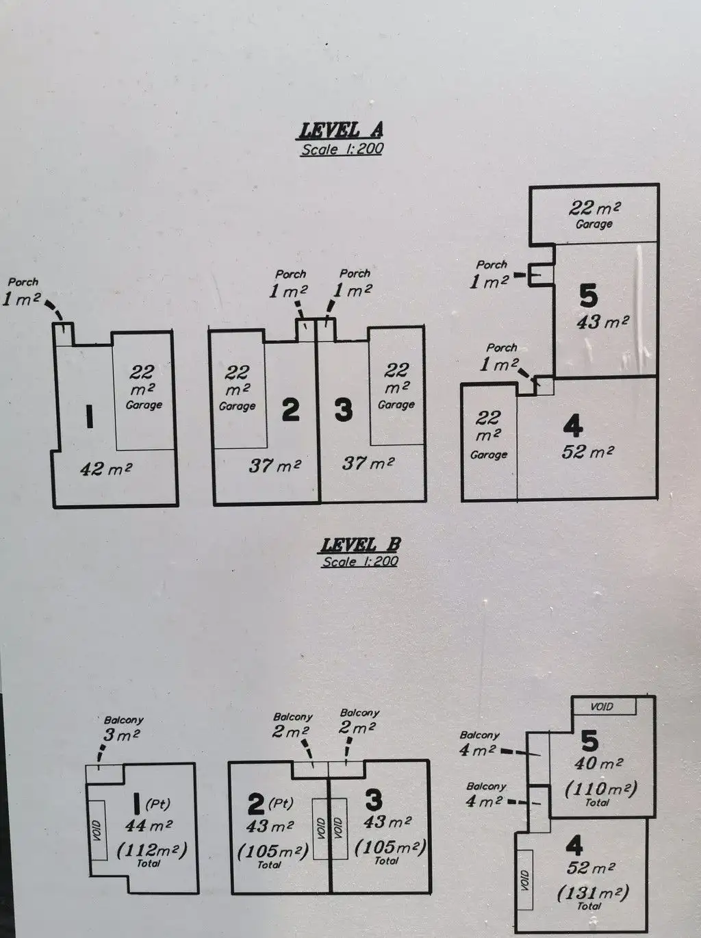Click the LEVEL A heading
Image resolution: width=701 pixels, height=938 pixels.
341,129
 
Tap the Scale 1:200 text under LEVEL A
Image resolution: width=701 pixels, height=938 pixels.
342,149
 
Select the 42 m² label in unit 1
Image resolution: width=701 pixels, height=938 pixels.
105,469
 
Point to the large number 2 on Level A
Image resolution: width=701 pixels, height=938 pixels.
291,409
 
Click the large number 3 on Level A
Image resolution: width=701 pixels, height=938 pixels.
343,410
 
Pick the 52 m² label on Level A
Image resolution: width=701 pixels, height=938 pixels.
587,452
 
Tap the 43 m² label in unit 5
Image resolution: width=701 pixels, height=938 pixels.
602,321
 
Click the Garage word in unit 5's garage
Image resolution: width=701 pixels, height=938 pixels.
594,224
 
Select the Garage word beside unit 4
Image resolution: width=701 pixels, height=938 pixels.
488,455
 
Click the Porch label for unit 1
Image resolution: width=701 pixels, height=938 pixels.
23,281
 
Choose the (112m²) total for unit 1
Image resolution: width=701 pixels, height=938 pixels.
151,850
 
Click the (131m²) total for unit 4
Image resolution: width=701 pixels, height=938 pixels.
592,892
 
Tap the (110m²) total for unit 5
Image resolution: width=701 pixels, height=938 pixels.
600,789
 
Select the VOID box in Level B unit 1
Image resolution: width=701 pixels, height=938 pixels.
97,830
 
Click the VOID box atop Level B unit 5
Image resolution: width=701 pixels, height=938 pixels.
602,706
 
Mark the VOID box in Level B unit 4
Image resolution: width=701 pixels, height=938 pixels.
525,880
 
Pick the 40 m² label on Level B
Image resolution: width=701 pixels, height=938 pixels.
599,763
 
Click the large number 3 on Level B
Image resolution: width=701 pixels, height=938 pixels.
374,800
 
